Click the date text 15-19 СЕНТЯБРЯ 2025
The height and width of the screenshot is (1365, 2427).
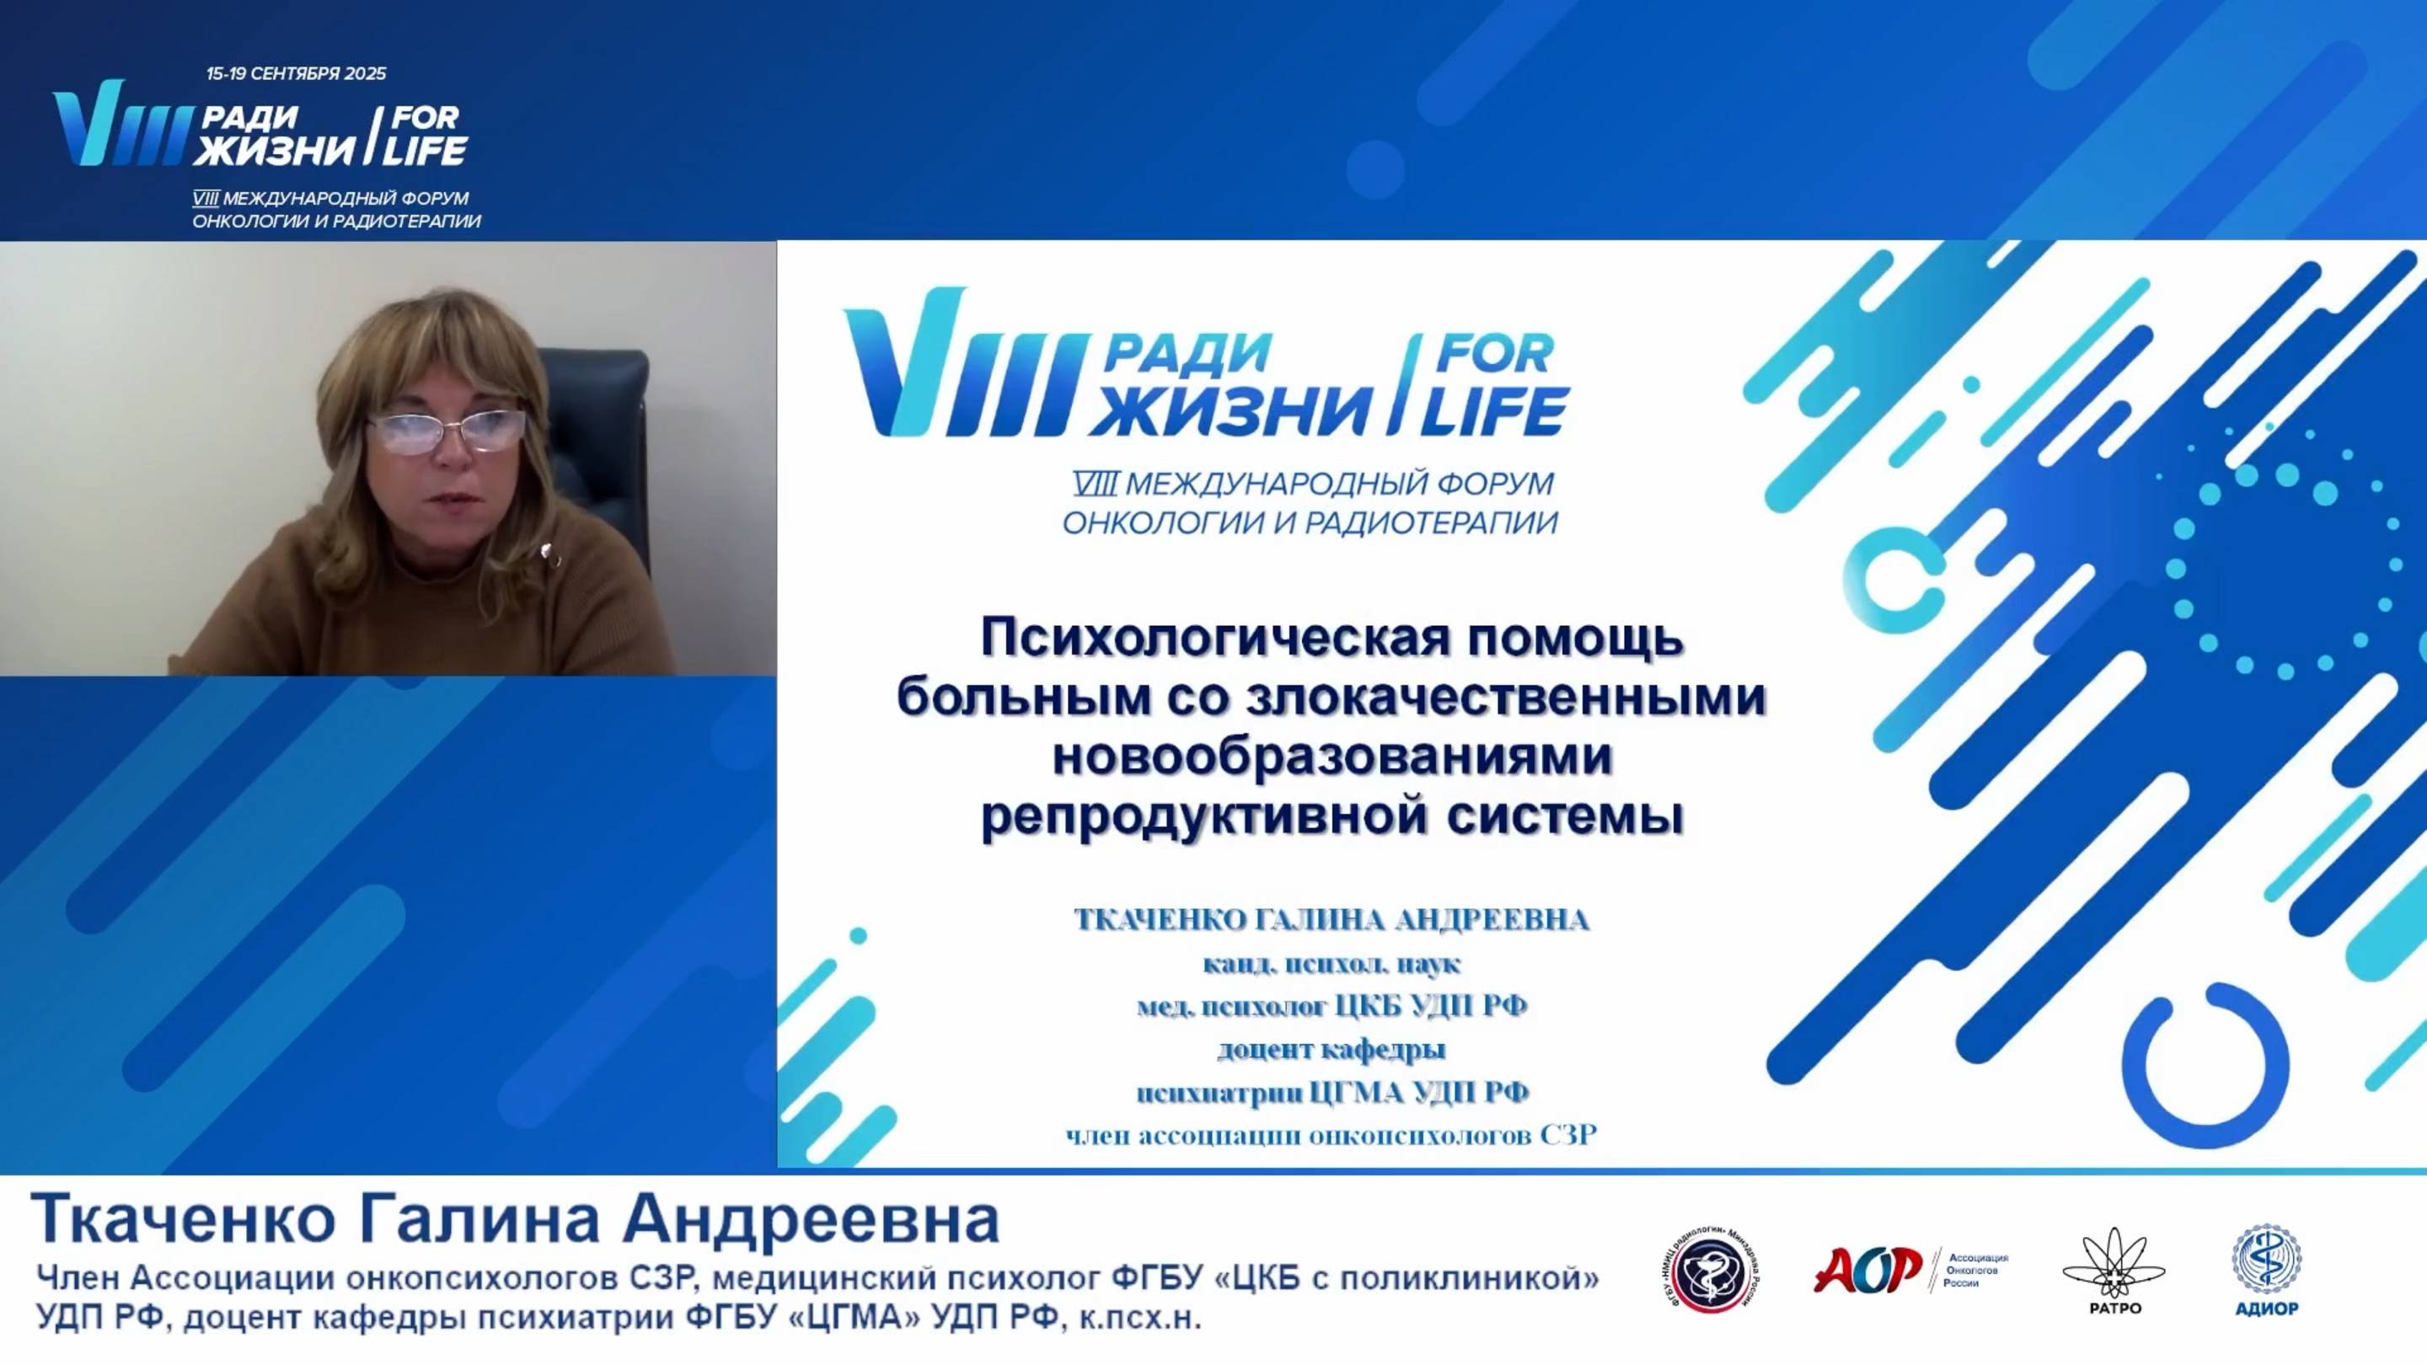coord(296,73)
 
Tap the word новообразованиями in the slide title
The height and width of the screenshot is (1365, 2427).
coord(1331,757)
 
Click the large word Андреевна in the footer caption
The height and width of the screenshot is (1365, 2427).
coord(812,1220)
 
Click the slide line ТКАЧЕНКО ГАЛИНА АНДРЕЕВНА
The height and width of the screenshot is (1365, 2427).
coord(1331,919)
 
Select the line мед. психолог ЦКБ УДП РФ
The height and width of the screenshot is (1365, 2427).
coord(1331,1006)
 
